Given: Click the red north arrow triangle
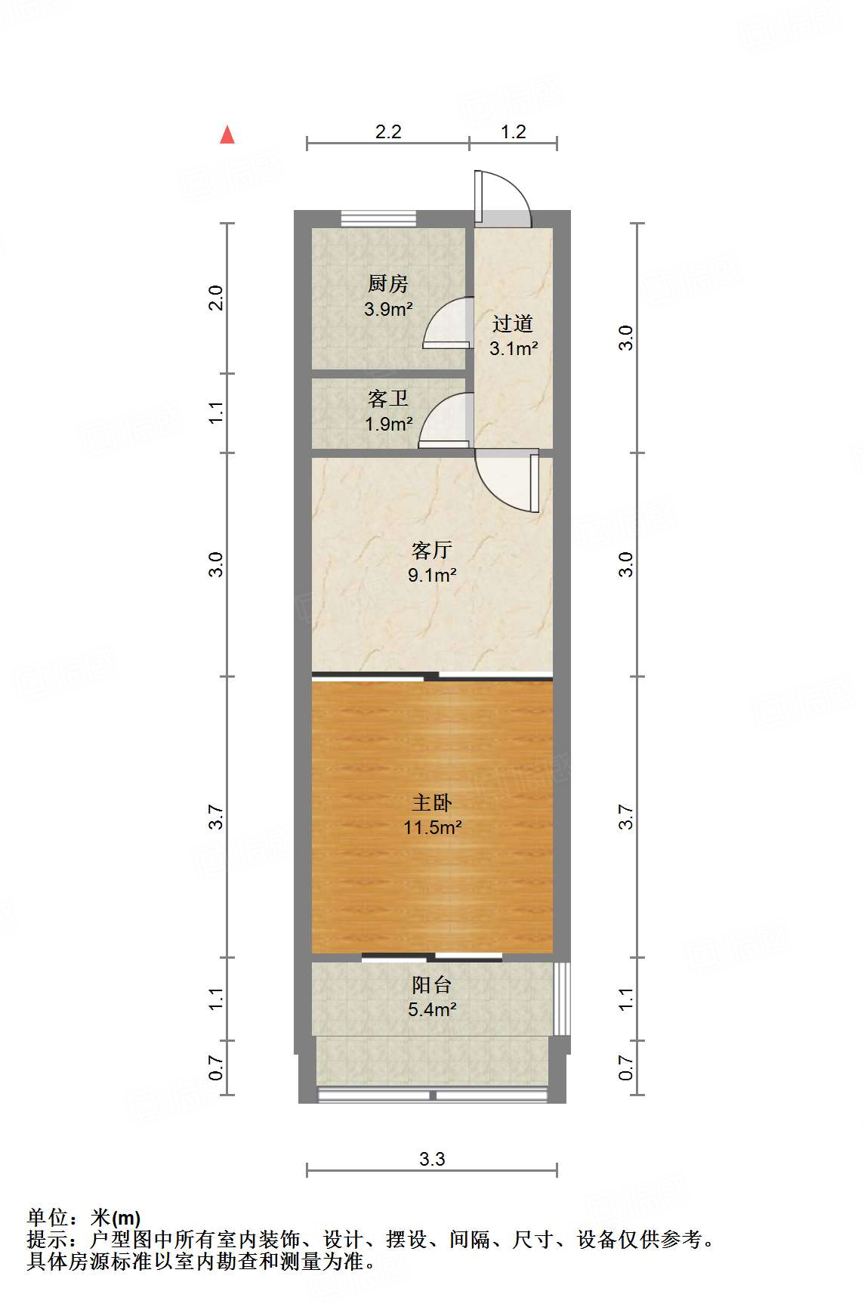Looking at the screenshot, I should click(x=227, y=134).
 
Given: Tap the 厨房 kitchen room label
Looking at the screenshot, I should click(x=388, y=284).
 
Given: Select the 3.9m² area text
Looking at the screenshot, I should click(x=388, y=309).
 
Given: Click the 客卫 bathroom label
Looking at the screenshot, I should click(x=388, y=399).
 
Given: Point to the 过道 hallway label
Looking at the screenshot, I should click(x=513, y=324).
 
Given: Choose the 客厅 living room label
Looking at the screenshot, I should click(x=432, y=550).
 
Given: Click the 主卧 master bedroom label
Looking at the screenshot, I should click(x=432, y=802).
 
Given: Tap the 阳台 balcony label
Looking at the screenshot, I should click(x=432, y=984).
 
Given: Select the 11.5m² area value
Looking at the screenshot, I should click(x=432, y=827).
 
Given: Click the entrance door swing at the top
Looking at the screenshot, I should click(x=502, y=198).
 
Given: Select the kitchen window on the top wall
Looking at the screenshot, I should click(x=378, y=218).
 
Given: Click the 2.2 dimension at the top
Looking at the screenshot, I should click(x=388, y=131).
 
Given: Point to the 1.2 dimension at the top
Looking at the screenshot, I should click(x=513, y=131).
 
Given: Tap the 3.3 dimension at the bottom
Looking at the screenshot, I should click(x=432, y=1159).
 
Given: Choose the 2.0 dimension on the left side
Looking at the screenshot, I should click(x=216, y=298).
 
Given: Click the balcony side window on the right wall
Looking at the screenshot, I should click(x=561, y=998).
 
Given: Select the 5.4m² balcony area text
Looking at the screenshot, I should click(x=432, y=1009).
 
